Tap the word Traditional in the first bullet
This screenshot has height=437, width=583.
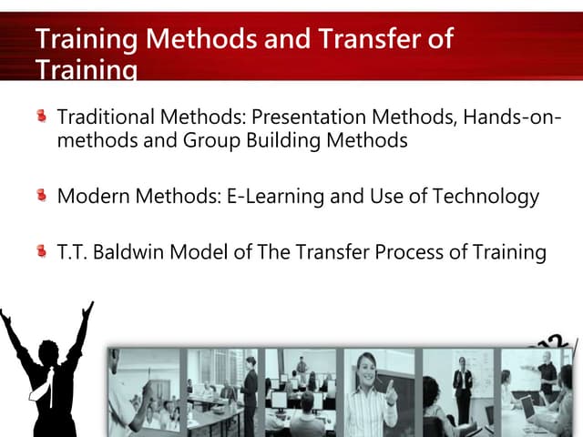pos(103,118)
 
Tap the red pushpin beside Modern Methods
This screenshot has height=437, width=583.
pos(41,195)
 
